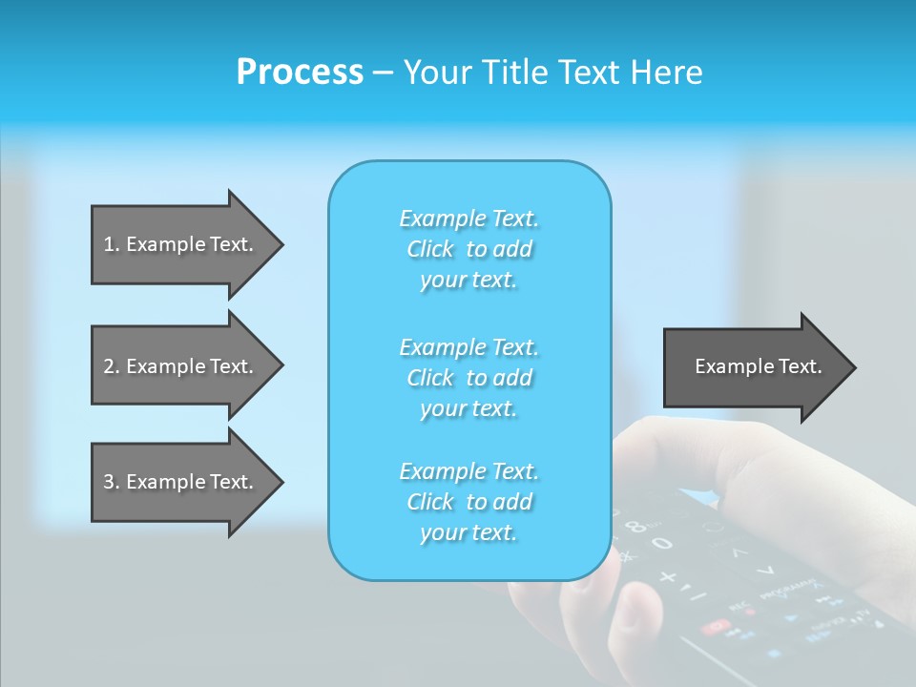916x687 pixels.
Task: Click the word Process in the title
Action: point(300,73)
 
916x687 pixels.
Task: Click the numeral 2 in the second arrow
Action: point(109,366)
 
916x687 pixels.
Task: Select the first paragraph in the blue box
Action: point(468,249)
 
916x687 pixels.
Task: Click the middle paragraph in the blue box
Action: point(468,378)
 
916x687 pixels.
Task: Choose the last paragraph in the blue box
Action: point(468,502)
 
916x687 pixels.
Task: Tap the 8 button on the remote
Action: point(637,525)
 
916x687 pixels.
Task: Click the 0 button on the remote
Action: point(662,544)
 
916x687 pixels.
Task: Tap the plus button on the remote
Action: point(668,577)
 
